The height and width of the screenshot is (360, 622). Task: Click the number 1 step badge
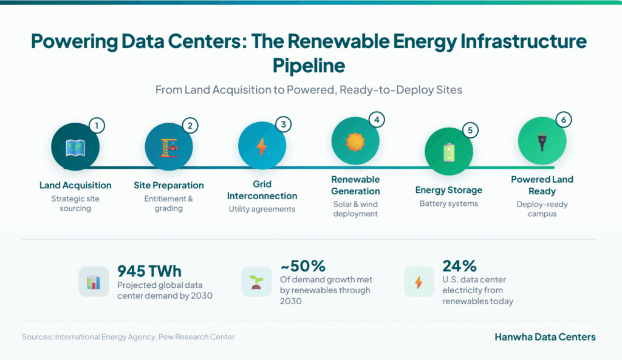[x=97, y=126]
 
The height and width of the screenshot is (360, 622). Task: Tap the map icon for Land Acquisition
[x=75, y=146]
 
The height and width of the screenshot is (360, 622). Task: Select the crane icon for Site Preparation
[x=169, y=146]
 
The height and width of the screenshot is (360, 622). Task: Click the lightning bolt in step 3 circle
[x=262, y=146]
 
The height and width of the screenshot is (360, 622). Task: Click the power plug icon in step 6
[x=542, y=141]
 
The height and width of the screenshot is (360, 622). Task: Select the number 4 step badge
[x=377, y=120]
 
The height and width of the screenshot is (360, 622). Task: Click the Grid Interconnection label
[x=262, y=190]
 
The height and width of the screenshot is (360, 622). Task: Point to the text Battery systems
[x=448, y=204]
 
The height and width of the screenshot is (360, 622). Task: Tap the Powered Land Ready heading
[x=542, y=185]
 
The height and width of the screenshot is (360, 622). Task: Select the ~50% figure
[x=302, y=266]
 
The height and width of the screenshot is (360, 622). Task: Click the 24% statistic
[x=459, y=266]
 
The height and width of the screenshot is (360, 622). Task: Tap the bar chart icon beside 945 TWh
[x=94, y=282]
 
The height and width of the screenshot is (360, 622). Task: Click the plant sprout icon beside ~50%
[x=256, y=282]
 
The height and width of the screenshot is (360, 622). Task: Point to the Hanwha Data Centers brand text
[x=544, y=337]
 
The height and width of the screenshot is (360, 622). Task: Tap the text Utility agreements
[x=262, y=209]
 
